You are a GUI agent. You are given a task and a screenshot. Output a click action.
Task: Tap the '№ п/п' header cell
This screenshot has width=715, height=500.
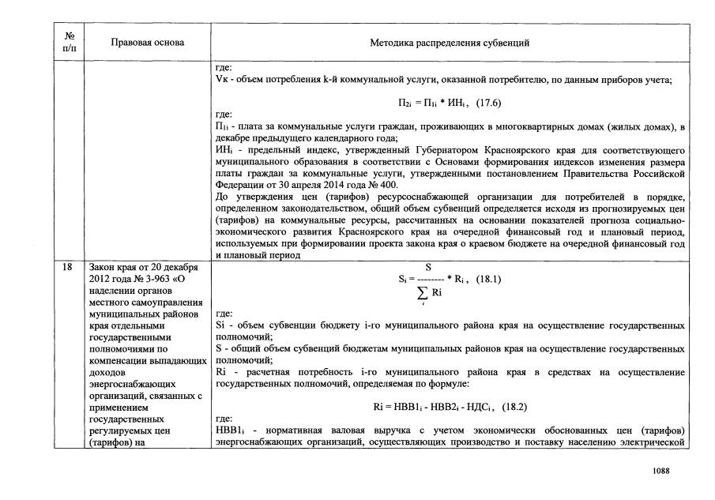(x=69, y=42)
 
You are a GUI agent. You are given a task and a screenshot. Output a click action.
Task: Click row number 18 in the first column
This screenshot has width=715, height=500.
(x=69, y=268)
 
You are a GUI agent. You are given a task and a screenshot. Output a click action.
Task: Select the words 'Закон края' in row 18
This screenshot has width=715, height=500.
(x=109, y=268)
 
